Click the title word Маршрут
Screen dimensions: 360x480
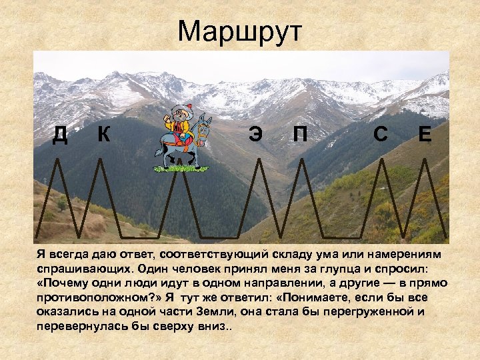[240, 31]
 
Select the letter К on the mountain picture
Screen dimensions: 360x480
[103, 134]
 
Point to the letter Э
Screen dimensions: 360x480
[255, 135]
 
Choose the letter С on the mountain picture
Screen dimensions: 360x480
[381, 135]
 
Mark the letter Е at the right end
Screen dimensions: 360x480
[425, 135]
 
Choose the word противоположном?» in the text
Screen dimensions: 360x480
[102, 297]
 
